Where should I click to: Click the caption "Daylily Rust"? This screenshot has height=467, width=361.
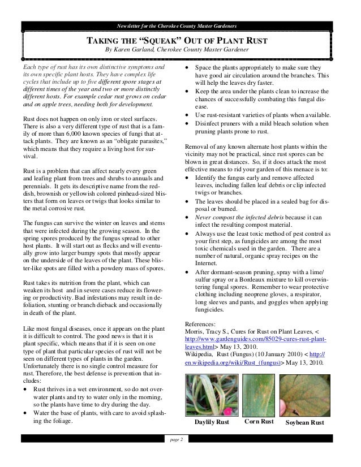click(x=211, y=423)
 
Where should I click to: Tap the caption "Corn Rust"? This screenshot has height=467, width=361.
click(x=259, y=422)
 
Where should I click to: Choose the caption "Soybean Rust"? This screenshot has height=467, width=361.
click(x=305, y=423)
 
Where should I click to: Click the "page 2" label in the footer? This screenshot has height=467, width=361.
click(x=177, y=439)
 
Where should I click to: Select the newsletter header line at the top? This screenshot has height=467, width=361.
click(x=180, y=27)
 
